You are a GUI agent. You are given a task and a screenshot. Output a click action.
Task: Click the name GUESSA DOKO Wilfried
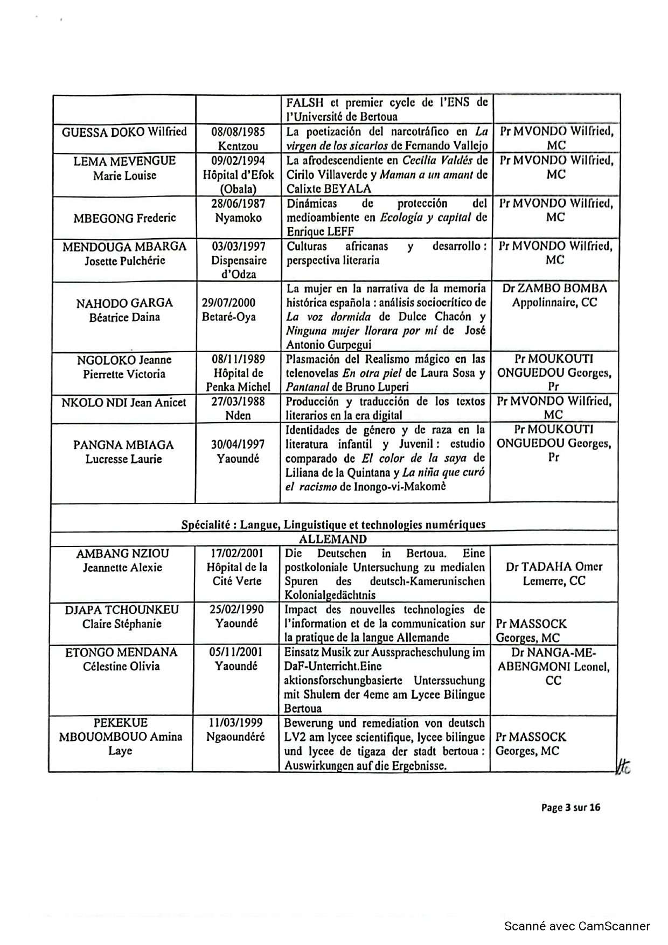pos(124,132)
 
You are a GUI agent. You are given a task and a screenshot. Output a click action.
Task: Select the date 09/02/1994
pos(238,161)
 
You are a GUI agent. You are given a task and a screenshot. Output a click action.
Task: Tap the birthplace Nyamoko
pos(238,218)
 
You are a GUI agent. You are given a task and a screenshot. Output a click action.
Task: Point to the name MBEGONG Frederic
pos(124,218)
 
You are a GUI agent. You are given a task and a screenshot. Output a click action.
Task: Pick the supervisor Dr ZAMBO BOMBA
pos(554,289)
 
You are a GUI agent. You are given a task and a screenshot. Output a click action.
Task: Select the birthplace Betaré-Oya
pos(228,317)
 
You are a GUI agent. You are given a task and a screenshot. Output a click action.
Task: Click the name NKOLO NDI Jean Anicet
pos(124,402)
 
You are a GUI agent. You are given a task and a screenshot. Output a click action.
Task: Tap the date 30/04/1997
pos(238,445)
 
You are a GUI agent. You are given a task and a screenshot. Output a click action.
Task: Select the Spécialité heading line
pos(333,524)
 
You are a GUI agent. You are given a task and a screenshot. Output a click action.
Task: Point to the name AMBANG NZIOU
pos(122,554)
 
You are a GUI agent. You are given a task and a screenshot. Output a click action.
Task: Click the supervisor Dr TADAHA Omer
pos(554,567)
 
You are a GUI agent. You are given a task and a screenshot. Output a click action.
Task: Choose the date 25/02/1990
pos(236,610)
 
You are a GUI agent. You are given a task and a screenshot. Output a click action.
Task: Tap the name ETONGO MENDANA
pos(121,653)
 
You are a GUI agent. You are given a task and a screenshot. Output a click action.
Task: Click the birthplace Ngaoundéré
pos(235,737)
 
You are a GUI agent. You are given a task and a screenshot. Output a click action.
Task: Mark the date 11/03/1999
pos(235,723)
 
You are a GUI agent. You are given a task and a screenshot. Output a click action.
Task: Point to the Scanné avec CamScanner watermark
pos(577,926)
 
